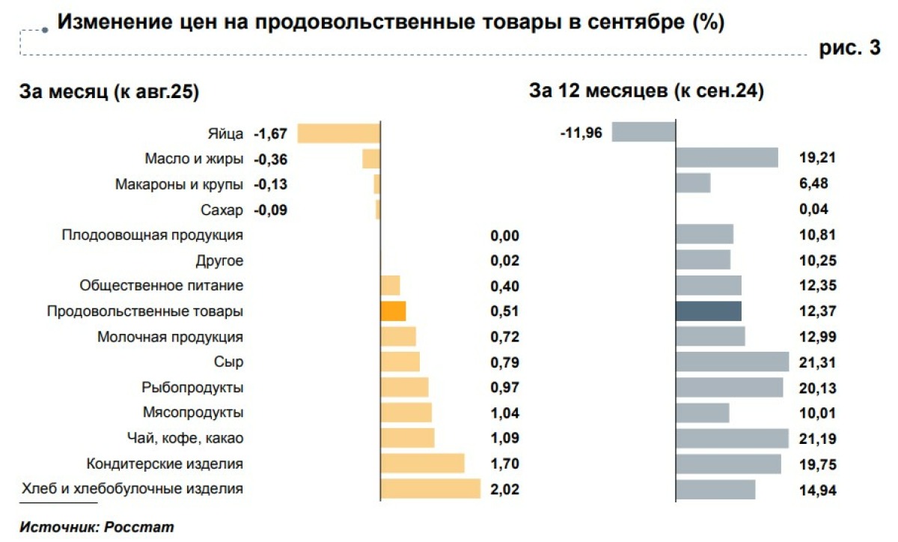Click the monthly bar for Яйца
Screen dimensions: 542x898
(x=339, y=133)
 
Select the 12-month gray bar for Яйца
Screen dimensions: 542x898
(x=644, y=133)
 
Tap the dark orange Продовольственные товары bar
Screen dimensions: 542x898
(x=393, y=311)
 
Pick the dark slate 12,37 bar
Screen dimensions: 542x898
(x=709, y=311)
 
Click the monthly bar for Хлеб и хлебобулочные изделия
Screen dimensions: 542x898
(x=430, y=489)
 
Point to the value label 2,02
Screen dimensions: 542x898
(x=504, y=490)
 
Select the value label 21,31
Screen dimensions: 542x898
(x=818, y=363)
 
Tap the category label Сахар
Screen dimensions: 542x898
(x=222, y=210)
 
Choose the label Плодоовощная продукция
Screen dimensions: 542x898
(x=152, y=235)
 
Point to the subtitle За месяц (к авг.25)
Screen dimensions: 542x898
(x=109, y=92)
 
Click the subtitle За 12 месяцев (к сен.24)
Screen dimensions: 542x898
(x=647, y=92)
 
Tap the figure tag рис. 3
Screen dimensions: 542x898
(x=851, y=49)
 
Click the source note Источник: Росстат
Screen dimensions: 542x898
(x=97, y=527)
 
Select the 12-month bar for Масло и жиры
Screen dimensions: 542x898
(x=727, y=157)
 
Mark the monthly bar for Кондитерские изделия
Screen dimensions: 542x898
(x=422, y=463)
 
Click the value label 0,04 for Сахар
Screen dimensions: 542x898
(x=813, y=210)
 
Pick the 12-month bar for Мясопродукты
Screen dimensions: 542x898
(x=702, y=412)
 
